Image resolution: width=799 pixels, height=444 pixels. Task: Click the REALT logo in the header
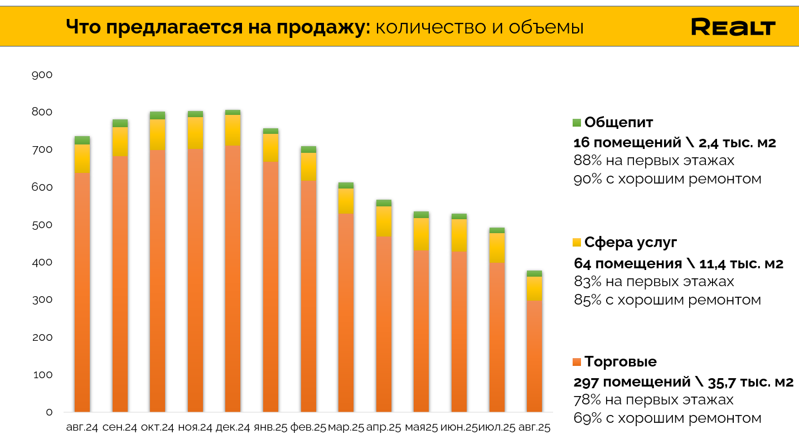tap(733, 27)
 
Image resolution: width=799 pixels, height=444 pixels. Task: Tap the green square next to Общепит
tap(577, 123)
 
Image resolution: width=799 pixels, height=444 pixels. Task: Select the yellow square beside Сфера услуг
tap(577, 243)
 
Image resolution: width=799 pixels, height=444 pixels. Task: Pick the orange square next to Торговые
tap(577, 362)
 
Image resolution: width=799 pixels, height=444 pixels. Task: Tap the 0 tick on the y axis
tap(49, 412)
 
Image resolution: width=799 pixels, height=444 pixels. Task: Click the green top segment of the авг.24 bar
tap(82, 141)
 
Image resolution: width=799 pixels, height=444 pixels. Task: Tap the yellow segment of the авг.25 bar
tap(534, 288)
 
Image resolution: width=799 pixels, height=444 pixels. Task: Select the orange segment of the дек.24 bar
tap(233, 279)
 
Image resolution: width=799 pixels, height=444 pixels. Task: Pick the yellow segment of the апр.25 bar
tap(384, 221)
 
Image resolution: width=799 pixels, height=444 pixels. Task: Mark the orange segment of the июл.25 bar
tap(497, 337)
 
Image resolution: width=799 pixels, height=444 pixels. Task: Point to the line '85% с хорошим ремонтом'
tap(667, 300)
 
